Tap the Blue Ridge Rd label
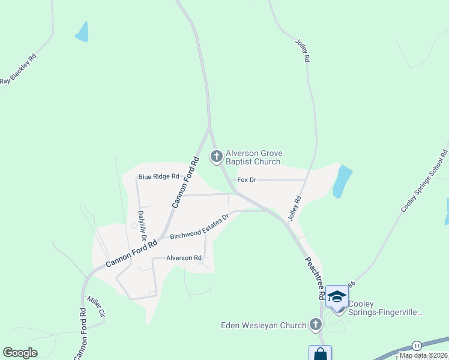[158, 176]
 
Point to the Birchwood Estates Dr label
[200, 227]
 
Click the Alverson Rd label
[184, 258]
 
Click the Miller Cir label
[96, 306]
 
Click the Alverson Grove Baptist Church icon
[217, 157]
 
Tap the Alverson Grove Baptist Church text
[253, 158]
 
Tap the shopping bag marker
[320, 354]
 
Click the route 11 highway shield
[416, 346]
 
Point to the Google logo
[20, 353]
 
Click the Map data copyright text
[423, 355]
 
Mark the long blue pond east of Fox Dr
[341, 182]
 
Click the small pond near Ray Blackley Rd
[82, 32]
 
